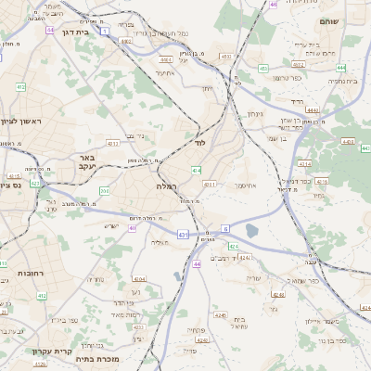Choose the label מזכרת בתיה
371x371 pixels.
coord(96,355)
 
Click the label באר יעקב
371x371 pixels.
coord(88,163)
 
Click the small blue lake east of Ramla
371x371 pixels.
coord(252,231)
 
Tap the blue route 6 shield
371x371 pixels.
coord(224,227)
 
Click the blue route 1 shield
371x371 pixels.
coord(105,32)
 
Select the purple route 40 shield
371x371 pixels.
coord(274,5)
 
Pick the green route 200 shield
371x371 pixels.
coord(104,191)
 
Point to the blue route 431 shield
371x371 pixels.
coord(184,235)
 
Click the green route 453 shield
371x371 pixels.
coord(263,68)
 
